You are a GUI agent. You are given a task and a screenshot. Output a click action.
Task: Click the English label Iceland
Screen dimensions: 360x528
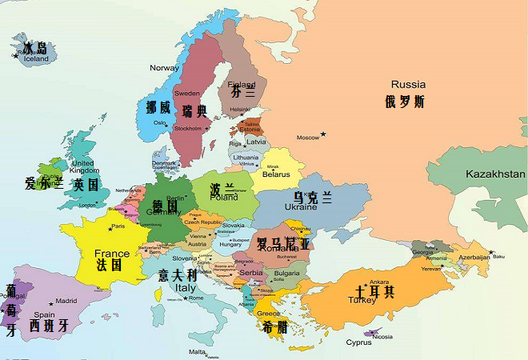coord(36,59)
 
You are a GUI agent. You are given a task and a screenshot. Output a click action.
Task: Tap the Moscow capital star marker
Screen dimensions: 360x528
coord(323,134)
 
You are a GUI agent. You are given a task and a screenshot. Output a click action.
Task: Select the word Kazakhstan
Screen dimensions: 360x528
coord(496,174)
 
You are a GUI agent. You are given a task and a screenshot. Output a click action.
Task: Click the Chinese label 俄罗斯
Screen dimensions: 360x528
coord(404,102)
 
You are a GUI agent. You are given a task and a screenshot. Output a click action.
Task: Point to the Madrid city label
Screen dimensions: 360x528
coord(66,302)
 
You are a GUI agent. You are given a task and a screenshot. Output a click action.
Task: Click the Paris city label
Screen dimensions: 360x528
coord(118,226)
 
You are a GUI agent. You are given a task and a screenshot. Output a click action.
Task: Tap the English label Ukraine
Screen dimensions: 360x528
coord(302,207)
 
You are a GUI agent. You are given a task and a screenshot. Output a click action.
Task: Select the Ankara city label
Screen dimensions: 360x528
coord(378,282)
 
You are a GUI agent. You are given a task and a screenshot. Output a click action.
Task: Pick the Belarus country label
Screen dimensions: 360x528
coord(277,174)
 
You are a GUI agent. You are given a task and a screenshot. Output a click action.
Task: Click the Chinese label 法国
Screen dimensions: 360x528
coord(110,264)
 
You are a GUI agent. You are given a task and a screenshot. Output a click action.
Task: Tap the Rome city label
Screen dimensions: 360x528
coord(196,298)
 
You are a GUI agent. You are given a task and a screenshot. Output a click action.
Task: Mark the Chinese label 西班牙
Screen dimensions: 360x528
coord(49,326)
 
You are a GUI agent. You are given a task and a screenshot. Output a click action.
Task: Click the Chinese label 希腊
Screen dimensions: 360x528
coord(274,327)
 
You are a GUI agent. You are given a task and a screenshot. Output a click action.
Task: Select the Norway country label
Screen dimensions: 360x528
coord(165,68)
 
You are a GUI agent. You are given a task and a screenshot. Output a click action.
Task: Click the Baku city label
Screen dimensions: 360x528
coord(498,257)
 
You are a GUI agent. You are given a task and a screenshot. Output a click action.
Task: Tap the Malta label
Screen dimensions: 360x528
coord(197,351)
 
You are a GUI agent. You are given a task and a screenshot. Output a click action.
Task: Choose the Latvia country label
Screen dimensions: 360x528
coord(256,142)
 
